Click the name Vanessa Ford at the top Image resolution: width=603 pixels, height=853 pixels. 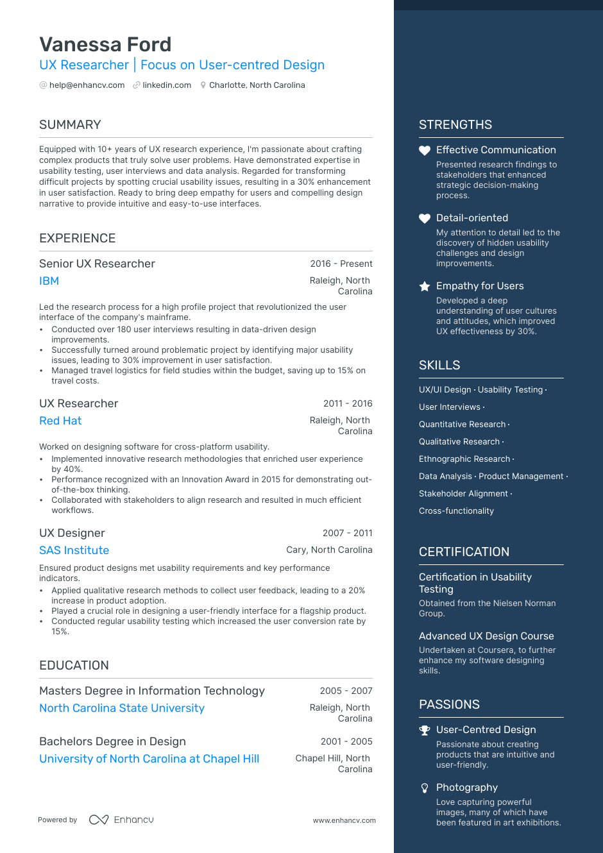coord(105,44)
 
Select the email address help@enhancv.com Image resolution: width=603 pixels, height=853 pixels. coord(87,85)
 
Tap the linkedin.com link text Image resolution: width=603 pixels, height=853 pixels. coord(167,85)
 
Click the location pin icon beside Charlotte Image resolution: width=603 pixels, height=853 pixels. coord(203,85)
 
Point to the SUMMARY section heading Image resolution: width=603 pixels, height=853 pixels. coord(70,124)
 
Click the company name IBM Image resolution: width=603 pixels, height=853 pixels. coord(49,281)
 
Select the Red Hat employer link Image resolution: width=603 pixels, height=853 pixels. coord(60,421)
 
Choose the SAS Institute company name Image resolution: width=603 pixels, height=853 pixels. coord(74,550)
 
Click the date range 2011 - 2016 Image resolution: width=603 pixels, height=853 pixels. coord(348,403)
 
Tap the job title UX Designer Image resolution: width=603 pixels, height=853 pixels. coord(72,533)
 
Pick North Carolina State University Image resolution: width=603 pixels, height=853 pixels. coord(122,708)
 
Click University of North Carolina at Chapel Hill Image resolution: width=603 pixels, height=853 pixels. coord(149,759)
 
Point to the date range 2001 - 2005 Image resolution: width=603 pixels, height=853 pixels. coord(346,741)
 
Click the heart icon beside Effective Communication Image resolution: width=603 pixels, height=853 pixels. coord(425,151)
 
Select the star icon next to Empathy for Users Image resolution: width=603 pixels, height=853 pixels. coord(425,286)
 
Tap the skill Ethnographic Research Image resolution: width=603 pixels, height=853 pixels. coord(464,459)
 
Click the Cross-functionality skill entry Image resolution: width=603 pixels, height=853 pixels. coord(456,511)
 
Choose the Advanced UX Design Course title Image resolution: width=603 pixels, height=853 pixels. coord(486,636)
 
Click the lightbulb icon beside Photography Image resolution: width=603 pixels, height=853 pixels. coord(425,788)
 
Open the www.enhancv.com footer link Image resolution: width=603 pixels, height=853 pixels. coord(344,820)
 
